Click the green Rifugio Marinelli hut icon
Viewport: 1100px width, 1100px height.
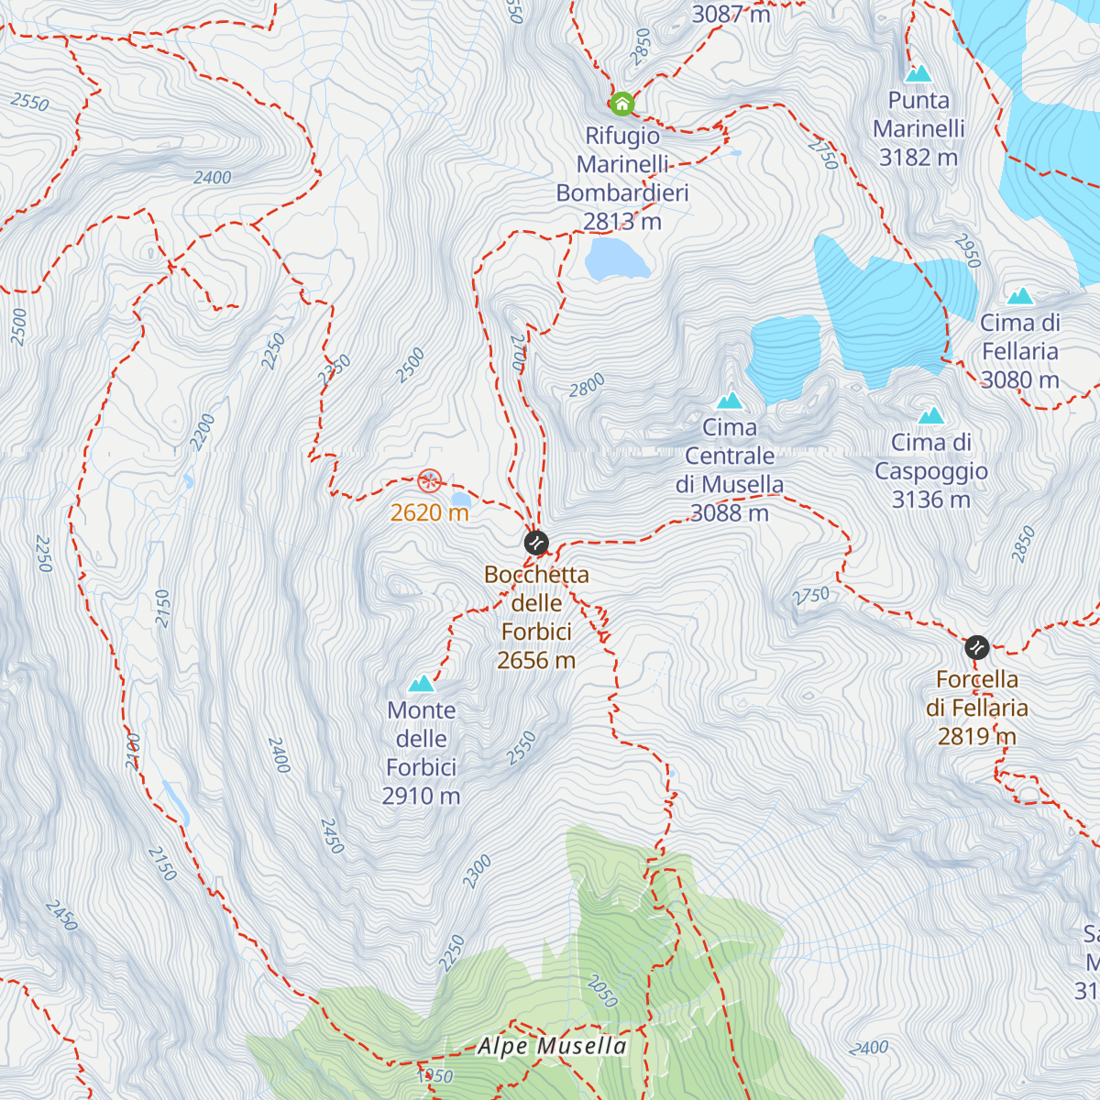621,104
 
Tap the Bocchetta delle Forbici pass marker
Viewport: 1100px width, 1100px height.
536,543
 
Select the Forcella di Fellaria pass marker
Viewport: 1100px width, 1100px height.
977,648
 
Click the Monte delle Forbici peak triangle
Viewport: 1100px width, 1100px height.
421,683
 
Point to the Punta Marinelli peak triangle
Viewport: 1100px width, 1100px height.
918,73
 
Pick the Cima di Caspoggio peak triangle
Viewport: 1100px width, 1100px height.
931,415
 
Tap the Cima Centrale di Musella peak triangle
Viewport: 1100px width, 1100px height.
730,401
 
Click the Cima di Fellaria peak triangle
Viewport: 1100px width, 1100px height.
1020,296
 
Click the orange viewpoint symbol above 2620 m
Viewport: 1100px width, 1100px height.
429,480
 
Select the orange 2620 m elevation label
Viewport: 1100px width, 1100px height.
429,512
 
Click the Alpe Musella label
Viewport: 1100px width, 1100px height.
553,1047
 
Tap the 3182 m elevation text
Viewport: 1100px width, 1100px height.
918,158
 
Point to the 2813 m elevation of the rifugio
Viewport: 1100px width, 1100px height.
621,221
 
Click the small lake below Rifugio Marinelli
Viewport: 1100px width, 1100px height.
616,259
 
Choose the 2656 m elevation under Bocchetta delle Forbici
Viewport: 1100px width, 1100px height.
536,660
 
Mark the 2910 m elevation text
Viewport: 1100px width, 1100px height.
421,796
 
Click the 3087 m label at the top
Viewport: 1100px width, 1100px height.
731,14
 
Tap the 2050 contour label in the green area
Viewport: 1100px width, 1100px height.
602,991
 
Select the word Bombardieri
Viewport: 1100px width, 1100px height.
621,192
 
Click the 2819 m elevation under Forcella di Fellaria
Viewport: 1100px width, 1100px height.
977,736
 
